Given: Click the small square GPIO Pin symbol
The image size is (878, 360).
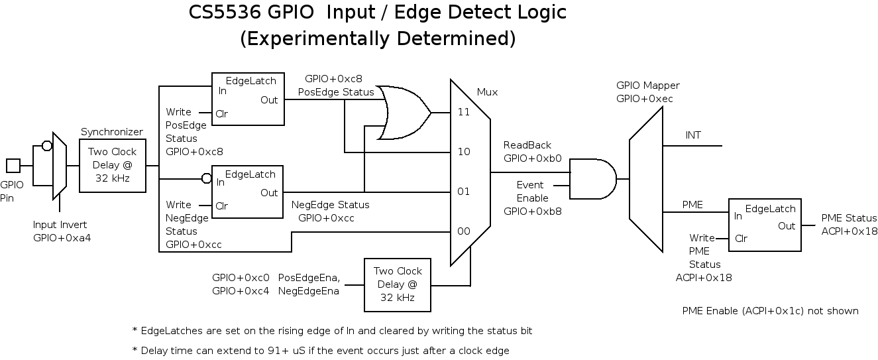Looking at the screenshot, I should [13, 165].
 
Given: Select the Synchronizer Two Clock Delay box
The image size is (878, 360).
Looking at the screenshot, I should [112, 165].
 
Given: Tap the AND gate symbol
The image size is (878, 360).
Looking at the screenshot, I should [592, 178].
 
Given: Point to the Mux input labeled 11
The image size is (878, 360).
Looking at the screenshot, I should [464, 112].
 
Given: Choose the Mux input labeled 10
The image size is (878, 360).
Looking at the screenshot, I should [464, 152].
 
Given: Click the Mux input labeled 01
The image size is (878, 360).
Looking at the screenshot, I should [464, 192].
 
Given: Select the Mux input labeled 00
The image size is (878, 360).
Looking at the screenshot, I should [464, 231].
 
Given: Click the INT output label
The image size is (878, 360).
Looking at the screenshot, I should [693, 135].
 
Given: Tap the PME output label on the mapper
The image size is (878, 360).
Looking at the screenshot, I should [692, 205].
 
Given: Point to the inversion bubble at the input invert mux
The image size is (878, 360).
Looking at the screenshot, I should [47, 146].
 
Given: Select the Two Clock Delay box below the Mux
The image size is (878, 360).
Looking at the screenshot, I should [398, 284].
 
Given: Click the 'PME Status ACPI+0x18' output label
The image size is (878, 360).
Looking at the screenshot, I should [849, 224].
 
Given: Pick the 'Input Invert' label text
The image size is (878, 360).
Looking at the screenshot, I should [60, 225].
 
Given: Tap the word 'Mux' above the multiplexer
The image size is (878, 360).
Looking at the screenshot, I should [487, 92].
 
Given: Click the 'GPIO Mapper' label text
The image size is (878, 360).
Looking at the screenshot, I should [647, 86].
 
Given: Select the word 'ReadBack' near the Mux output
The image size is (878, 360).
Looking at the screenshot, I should [527, 145].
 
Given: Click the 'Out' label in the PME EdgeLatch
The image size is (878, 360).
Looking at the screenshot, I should [787, 226].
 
